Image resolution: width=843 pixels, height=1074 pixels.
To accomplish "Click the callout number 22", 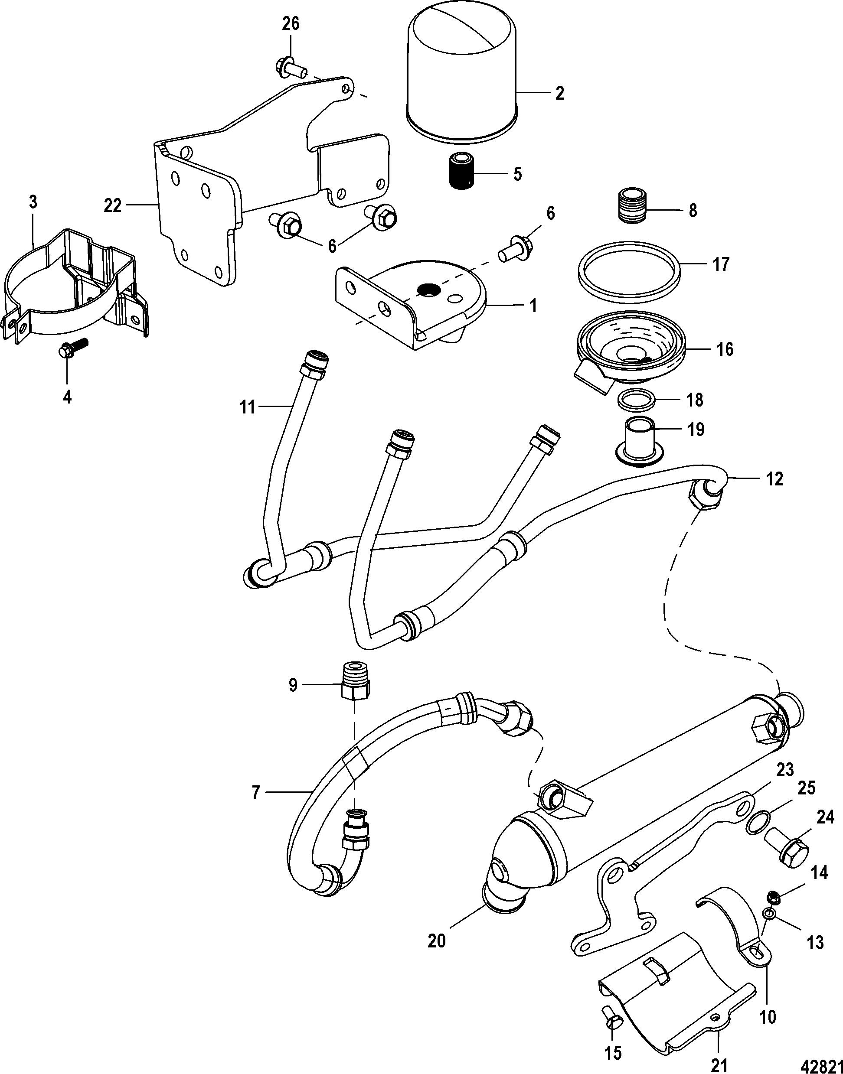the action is pos(113,205).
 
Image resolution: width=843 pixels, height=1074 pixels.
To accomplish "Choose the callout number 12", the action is pos(774,478).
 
